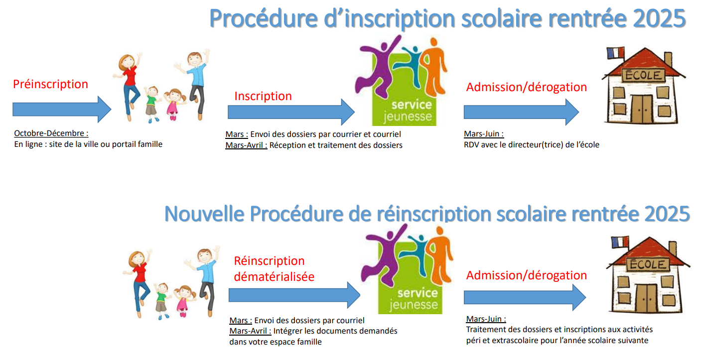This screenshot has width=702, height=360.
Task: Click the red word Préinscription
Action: point(50,84)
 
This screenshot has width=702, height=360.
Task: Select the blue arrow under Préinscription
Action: point(62,110)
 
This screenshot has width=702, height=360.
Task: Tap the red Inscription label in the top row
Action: point(263,96)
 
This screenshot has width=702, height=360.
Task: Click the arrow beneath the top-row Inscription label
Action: point(291,112)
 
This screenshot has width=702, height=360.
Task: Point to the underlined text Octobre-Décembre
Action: point(51,133)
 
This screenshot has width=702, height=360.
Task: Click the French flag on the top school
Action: point(615,53)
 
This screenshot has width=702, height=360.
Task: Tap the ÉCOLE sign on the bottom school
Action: point(647,264)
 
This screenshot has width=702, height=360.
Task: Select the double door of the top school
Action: point(642,109)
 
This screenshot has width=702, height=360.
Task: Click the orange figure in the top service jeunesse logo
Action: point(434,67)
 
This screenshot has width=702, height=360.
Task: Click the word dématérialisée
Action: point(274,277)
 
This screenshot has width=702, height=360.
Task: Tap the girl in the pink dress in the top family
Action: point(173,105)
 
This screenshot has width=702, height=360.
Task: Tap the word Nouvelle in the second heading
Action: point(204,214)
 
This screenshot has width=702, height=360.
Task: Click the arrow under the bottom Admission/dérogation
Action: point(525,297)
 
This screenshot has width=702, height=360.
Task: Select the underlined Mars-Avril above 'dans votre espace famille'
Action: point(250,331)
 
